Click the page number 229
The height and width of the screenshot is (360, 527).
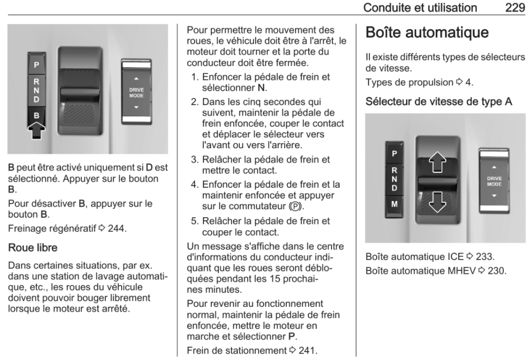[x=514, y=8]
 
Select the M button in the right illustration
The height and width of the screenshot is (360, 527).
[x=395, y=202]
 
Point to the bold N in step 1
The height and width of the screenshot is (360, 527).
[x=260, y=86]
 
